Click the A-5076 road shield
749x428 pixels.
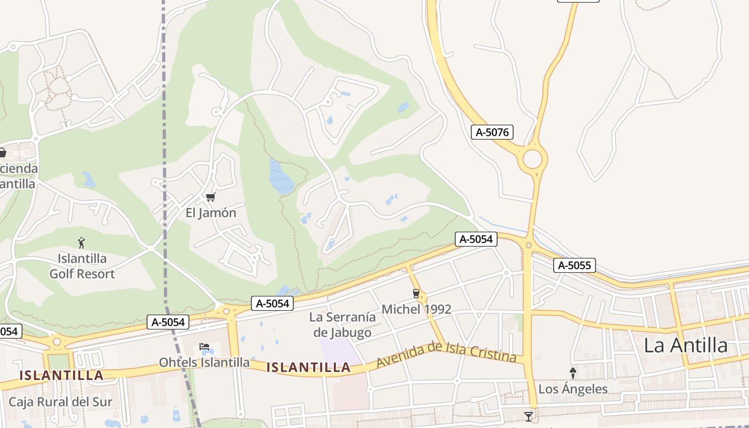point(492,132)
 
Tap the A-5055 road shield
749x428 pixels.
point(574,265)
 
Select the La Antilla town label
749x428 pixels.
point(685,346)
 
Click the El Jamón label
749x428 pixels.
point(211,213)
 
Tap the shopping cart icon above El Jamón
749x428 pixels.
point(210,197)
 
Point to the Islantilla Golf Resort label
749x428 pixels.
point(82,266)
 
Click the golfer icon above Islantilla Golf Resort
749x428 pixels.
point(81,243)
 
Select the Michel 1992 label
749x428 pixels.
point(416,309)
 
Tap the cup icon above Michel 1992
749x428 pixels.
point(416,293)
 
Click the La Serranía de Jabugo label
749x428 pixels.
point(342,325)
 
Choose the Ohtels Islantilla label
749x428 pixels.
point(204,363)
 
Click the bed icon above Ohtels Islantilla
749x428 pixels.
point(204,347)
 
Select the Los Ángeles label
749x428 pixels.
point(572,389)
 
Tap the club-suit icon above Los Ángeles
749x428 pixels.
point(572,373)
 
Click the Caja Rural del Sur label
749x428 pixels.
point(60,402)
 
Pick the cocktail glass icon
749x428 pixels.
point(529,416)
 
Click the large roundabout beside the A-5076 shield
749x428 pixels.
point(532,159)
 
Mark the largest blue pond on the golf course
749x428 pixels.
point(281,178)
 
